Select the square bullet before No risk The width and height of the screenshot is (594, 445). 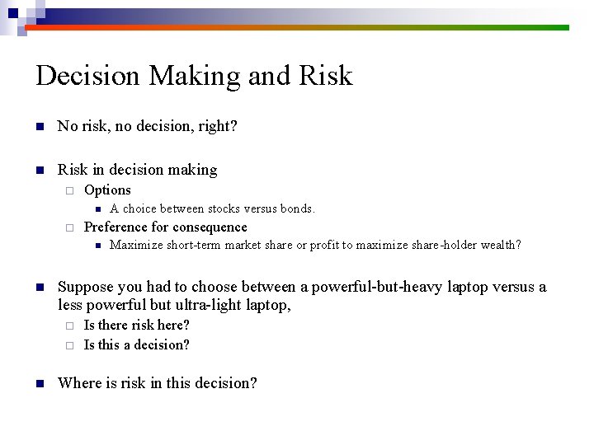coord(38,127)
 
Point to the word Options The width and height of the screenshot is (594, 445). coord(107,190)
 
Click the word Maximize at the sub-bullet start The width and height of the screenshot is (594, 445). coord(136,245)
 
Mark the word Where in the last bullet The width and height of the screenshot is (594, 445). coord(78,382)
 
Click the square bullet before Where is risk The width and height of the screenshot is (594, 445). coord(38,383)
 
